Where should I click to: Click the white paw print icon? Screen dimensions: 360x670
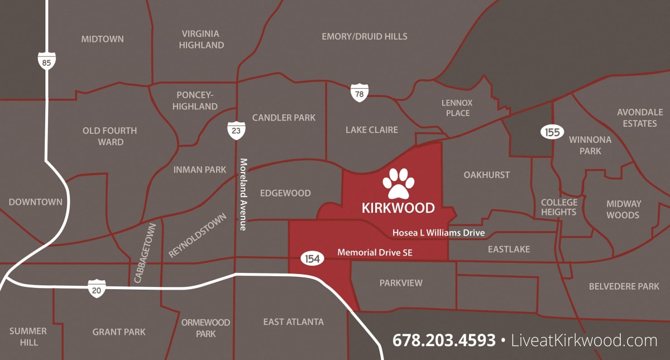(x=399, y=183)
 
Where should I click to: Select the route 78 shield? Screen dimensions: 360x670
(x=359, y=93)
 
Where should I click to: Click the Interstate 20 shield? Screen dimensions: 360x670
(x=97, y=289)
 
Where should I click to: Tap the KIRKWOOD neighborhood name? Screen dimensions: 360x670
(x=398, y=208)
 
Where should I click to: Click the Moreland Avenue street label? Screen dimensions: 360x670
(x=243, y=194)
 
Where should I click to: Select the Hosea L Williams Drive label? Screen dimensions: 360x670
(x=438, y=232)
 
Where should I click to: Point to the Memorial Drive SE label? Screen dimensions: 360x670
(x=375, y=253)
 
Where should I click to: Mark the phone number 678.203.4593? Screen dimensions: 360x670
(x=444, y=340)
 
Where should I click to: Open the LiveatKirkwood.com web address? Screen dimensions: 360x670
(x=584, y=340)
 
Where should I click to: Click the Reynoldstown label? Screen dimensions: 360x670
(x=198, y=236)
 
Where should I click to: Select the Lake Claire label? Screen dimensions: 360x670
(x=371, y=129)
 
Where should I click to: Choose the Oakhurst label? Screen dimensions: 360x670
(x=486, y=175)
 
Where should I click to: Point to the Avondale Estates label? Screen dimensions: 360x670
(x=640, y=117)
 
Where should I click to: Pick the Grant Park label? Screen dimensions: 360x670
(x=119, y=332)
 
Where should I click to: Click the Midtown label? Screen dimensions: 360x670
(x=102, y=39)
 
